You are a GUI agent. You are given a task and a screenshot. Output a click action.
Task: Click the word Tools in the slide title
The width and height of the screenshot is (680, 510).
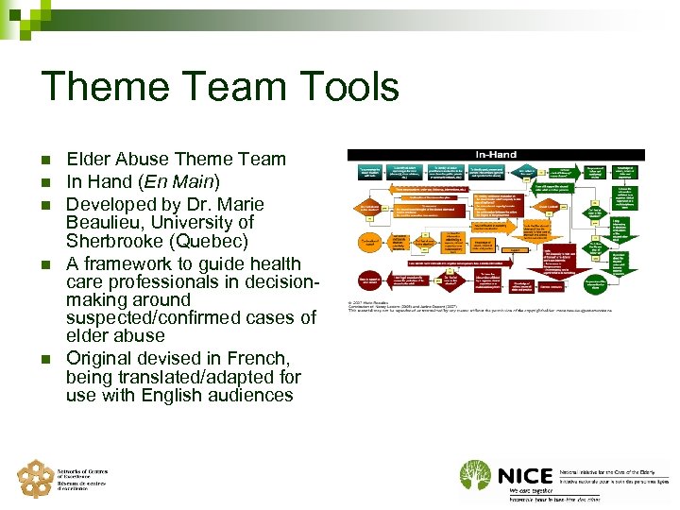[346, 87]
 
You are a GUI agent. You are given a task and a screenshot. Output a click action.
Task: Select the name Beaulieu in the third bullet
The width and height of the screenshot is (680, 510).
[107, 223]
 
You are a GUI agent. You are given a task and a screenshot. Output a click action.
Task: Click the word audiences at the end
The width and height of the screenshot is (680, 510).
[250, 396]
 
